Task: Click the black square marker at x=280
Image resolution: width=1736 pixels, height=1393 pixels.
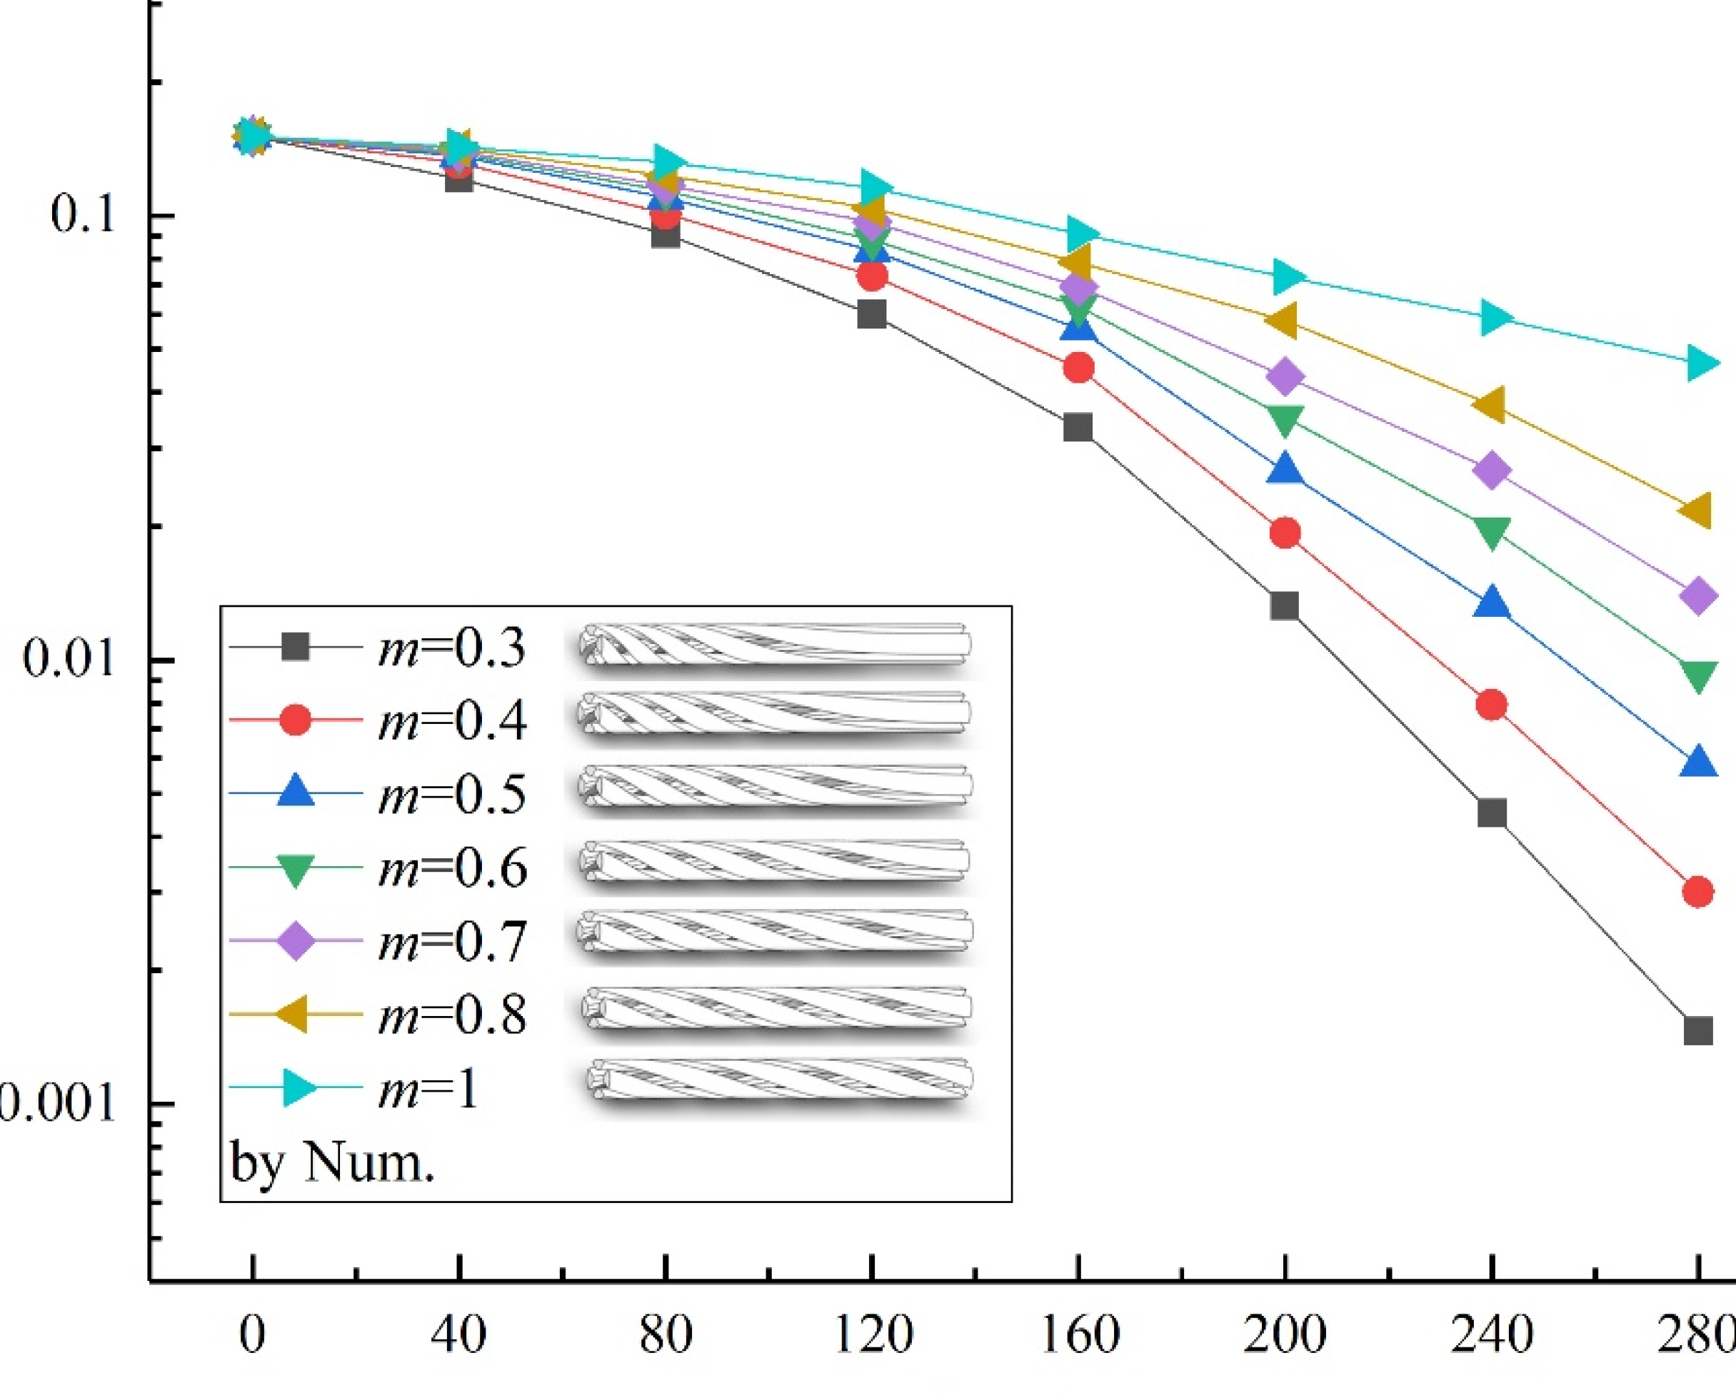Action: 1697,1031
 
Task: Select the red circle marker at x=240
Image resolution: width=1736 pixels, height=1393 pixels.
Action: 1491,705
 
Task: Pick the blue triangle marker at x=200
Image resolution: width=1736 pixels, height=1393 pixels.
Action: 1285,469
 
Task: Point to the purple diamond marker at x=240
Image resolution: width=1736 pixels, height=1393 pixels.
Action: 1491,471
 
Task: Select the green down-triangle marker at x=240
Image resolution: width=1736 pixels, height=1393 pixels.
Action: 1491,531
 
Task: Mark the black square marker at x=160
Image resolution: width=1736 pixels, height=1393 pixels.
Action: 1078,427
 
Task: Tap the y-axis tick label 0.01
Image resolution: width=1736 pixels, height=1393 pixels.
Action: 69,658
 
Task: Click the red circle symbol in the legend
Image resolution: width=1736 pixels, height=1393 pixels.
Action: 296,719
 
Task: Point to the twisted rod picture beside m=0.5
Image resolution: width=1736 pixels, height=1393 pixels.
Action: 775,786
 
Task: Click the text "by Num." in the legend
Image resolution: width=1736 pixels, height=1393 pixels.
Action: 332,1162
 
